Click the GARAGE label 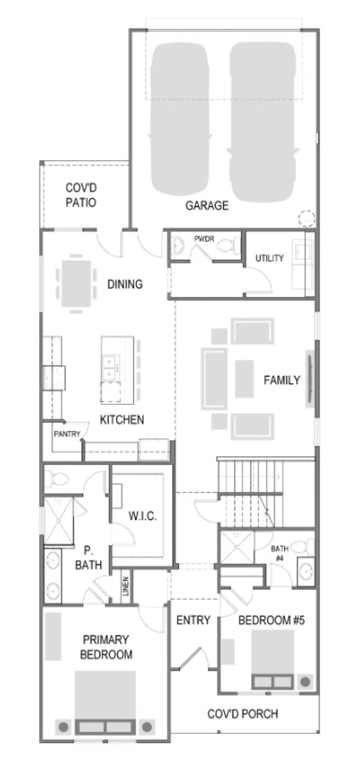click(x=207, y=205)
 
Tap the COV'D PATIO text click(x=81, y=195)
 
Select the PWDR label click(x=204, y=239)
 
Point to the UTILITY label click(x=269, y=258)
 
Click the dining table click(x=76, y=283)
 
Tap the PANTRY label click(x=67, y=434)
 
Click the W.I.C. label click(x=143, y=516)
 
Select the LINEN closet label click(x=126, y=586)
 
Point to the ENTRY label click(x=193, y=620)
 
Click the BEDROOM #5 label click(x=271, y=620)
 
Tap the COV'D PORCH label click(x=243, y=714)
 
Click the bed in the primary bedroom click(x=105, y=702)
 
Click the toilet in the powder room click(x=229, y=246)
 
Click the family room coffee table click(x=244, y=379)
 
